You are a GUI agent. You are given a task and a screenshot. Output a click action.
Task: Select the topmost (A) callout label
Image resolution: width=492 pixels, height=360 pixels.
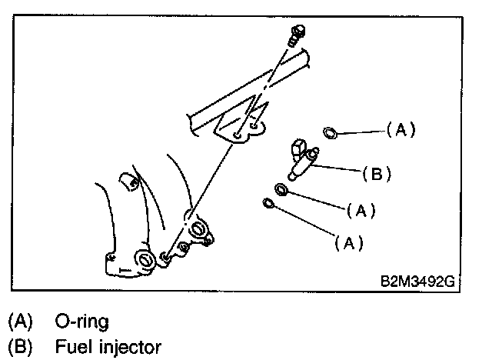[400, 130]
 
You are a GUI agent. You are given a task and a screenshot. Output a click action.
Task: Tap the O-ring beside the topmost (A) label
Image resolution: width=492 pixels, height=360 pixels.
[328, 134]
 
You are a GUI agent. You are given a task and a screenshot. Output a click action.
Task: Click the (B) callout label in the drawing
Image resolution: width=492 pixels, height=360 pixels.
[376, 174]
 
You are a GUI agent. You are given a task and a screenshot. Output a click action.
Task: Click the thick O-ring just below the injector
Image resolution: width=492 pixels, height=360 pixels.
[282, 189]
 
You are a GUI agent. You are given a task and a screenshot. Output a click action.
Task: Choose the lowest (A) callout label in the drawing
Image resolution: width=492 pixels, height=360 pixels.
[347, 243]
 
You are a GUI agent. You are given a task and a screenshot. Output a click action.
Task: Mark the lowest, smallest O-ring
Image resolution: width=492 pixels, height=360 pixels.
[268, 203]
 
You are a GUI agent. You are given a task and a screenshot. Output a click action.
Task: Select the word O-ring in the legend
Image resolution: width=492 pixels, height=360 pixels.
[81, 319]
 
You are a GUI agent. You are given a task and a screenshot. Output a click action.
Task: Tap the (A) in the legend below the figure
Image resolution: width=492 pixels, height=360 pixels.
[21, 319]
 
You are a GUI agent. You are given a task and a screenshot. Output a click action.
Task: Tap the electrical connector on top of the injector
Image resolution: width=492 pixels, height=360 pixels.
[298, 148]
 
